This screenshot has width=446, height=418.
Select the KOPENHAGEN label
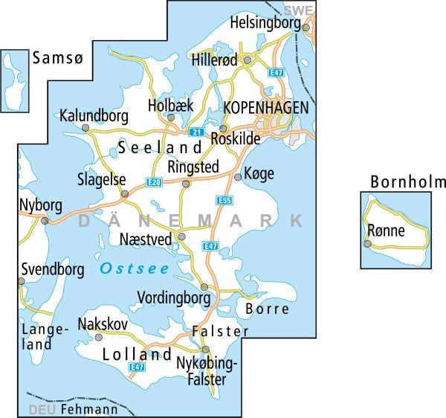tap(266, 109)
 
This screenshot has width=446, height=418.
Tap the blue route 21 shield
tap(196, 132)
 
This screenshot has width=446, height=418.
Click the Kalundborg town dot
tap(85, 128)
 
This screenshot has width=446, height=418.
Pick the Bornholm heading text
tap(408, 182)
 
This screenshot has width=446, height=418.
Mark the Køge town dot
tap(237, 177)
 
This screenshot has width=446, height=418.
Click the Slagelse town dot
tap(125, 194)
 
